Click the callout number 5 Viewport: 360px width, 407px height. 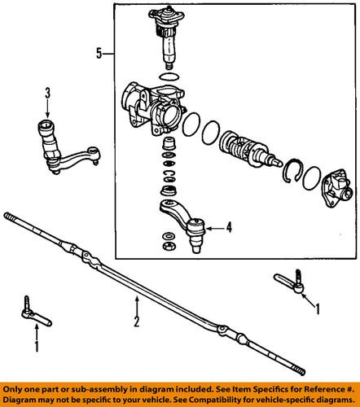98,54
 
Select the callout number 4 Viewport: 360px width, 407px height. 230,228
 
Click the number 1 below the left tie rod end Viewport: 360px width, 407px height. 35,346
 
